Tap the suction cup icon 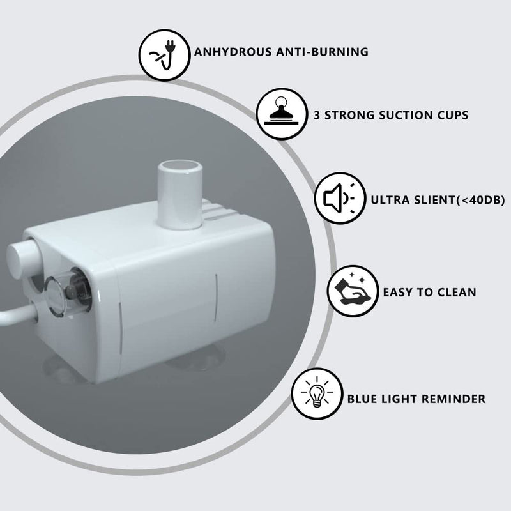pos(282,114)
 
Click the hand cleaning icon pos(353,291)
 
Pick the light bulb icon pos(317,393)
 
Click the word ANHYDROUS pos(233,52)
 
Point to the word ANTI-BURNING pos(323,52)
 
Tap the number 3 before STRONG pos(316,115)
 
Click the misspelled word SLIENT pos(432,200)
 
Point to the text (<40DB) pos(480,200)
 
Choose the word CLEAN pos(457,293)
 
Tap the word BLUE pos(361,399)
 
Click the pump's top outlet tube pos(180,194)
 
